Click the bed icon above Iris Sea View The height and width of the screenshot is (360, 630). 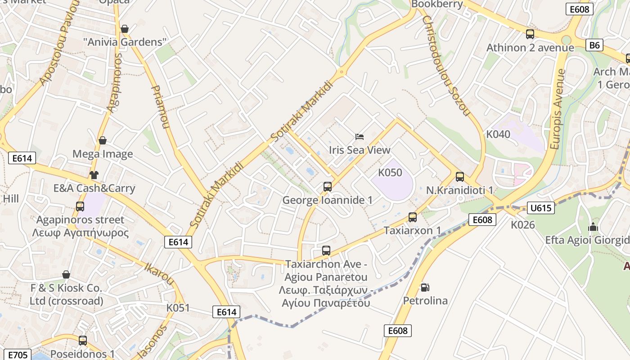point(359,136)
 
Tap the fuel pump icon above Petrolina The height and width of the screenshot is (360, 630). point(424,287)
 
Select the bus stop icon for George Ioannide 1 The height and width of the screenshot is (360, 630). point(328,186)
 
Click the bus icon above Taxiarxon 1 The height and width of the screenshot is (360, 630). point(412,217)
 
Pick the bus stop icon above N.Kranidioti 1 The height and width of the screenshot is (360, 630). point(459,177)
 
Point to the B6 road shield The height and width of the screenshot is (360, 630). point(594,45)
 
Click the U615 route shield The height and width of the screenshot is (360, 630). point(540,208)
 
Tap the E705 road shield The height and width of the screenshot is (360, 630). point(18,355)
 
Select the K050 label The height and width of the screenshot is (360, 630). point(390,172)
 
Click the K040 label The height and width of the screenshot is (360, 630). point(498,134)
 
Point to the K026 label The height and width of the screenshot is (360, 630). point(522,224)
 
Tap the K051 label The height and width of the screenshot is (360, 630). point(178,308)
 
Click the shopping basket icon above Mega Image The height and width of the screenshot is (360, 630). point(103,140)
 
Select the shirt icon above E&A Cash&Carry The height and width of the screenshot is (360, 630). point(94,175)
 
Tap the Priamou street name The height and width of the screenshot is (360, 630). point(160,107)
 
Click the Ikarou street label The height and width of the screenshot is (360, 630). point(159,273)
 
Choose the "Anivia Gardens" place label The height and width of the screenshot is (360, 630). point(125,42)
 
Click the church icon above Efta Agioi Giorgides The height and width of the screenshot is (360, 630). point(593,227)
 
